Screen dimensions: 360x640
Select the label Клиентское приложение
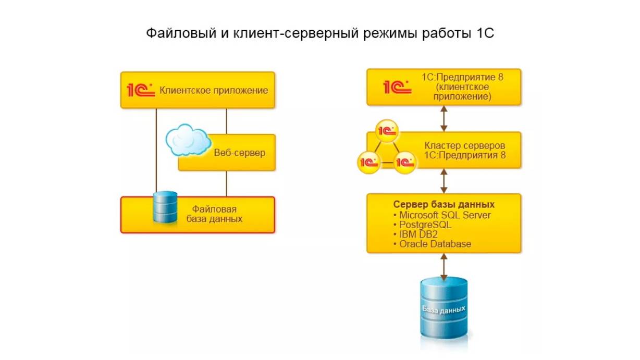214,90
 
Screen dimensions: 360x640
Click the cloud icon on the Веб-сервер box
188,139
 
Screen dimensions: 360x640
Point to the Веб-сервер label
239,153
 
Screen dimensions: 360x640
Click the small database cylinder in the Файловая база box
165,207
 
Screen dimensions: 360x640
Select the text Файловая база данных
214,214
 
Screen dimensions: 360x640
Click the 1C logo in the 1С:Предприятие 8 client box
398,87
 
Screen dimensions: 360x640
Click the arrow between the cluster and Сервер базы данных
444,181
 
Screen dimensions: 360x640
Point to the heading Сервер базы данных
444,204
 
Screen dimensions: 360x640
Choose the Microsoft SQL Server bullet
445,215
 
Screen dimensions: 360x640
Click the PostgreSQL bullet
425,225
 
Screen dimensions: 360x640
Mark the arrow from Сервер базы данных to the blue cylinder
444,266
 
